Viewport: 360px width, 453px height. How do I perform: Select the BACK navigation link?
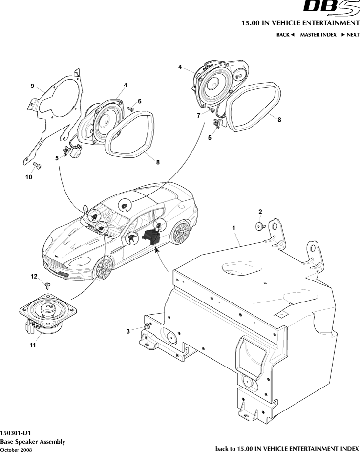(x=285, y=35)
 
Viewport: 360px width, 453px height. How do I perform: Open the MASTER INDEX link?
(x=318, y=35)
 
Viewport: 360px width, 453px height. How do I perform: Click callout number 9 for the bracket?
(x=32, y=86)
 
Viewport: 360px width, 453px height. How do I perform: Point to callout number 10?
(x=29, y=177)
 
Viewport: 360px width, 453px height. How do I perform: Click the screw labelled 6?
(x=130, y=108)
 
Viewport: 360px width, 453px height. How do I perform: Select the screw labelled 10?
(x=39, y=166)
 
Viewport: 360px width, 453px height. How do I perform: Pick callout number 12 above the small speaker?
(x=34, y=276)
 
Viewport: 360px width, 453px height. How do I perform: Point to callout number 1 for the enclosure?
(x=233, y=228)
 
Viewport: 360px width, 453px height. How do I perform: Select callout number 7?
(x=198, y=115)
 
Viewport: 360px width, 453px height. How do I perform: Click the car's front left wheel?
(x=103, y=269)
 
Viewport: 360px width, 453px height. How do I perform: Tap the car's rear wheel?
(x=182, y=232)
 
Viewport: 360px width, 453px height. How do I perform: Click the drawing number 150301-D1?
(x=16, y=433)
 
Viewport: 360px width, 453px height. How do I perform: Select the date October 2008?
(x=17, y=449)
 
